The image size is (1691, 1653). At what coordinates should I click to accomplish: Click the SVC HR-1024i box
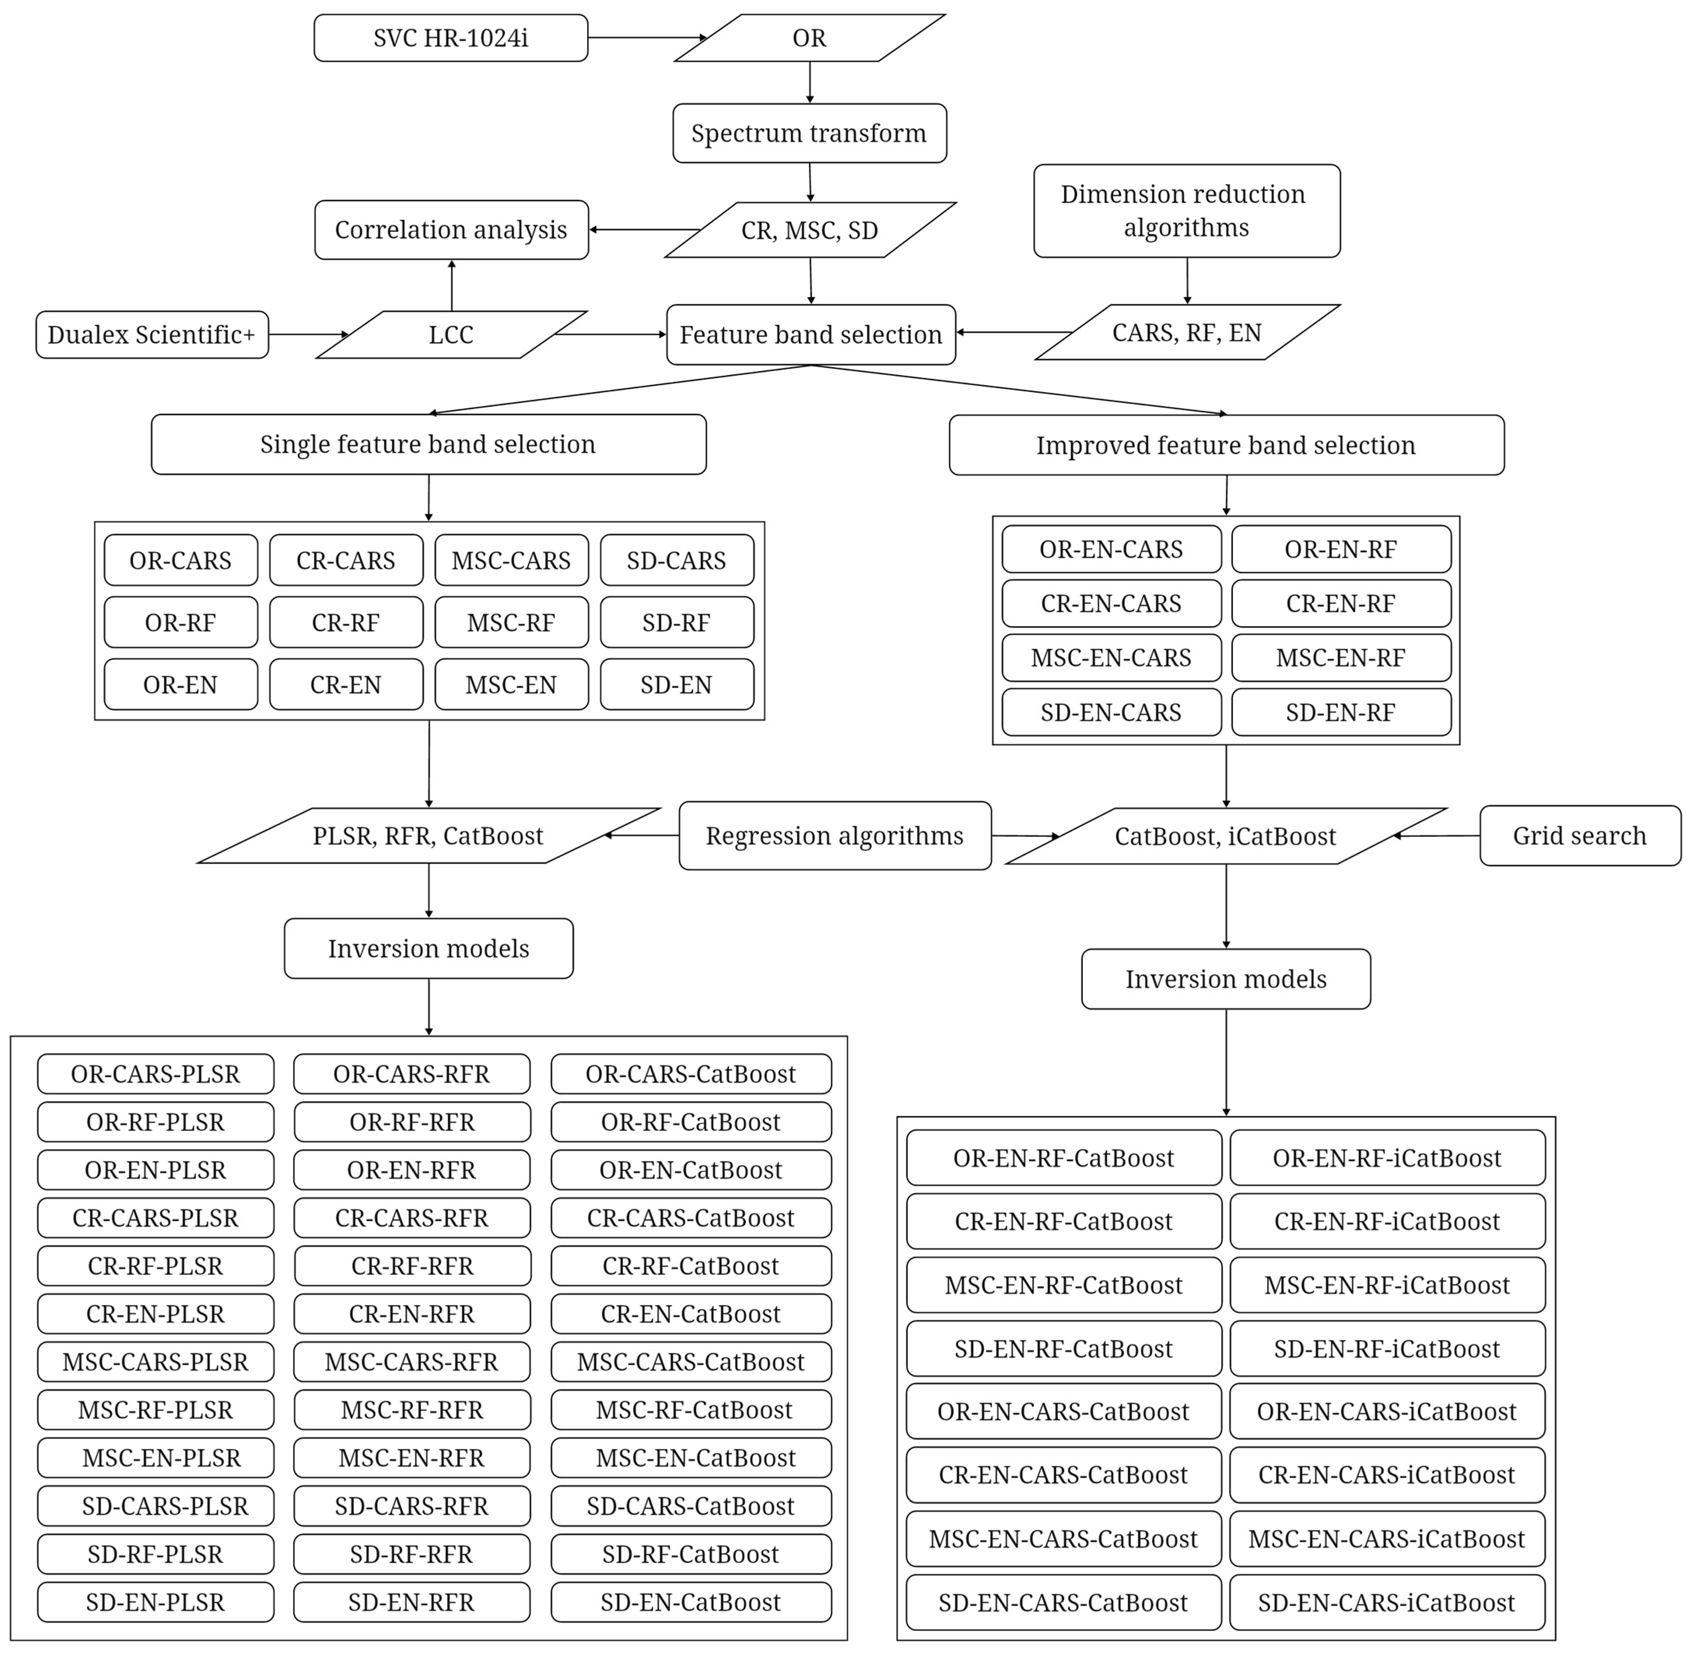(450, 38)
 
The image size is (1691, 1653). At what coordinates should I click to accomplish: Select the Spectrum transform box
(809, 134)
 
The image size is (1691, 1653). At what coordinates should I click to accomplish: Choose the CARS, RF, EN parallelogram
(1187, 333)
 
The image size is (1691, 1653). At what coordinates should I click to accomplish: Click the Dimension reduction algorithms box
(1187, 211)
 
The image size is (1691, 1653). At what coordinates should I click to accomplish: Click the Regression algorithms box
(834, 836)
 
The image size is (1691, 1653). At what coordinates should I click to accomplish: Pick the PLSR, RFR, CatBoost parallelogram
(428, 836)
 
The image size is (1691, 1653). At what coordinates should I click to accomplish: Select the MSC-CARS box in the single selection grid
(511, 561)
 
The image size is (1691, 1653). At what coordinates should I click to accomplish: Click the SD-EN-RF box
(1340, 713)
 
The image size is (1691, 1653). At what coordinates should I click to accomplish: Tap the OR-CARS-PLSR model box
(156, 1075)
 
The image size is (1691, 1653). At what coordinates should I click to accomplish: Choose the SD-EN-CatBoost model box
(691, 1603)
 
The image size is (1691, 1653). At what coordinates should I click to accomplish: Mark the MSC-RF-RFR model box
(412, 1411)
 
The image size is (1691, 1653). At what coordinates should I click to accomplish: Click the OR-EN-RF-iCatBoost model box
(1387, 1158)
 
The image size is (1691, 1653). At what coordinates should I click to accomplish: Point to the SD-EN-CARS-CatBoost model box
(1063, 1603)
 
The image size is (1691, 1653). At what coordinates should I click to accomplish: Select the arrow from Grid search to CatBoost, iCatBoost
(1437, 836)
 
